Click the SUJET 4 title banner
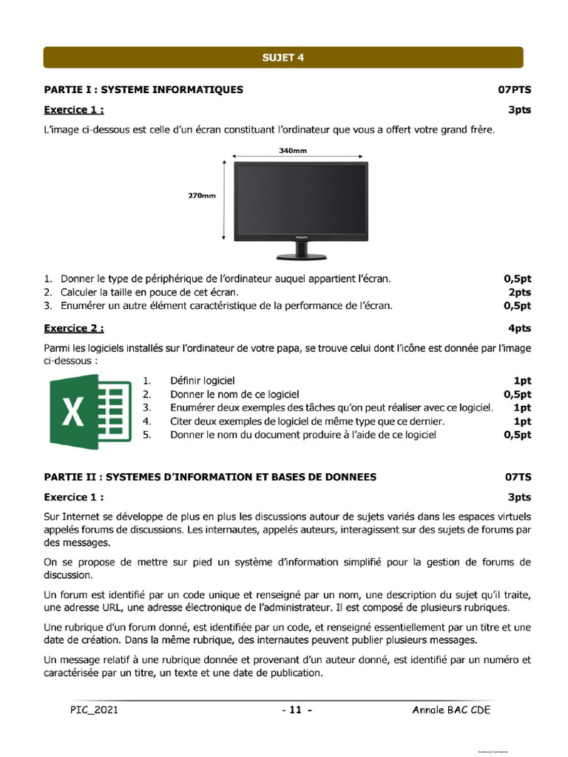(283, 57)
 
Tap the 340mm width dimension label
(293, 150)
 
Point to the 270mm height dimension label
(201, 196)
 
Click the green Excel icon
(90, 411)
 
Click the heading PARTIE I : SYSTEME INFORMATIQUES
(143, 90)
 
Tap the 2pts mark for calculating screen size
(518, 292)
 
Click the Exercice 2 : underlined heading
(74, 327)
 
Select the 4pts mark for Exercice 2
(519, 327)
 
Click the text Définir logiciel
(202, 381)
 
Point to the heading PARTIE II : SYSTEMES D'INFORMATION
(210, 477)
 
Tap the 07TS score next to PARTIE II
(518, 477)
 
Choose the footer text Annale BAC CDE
(451, 710)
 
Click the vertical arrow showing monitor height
(223, 198)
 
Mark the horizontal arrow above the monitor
(298, 157)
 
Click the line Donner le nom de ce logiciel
(234, 394)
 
